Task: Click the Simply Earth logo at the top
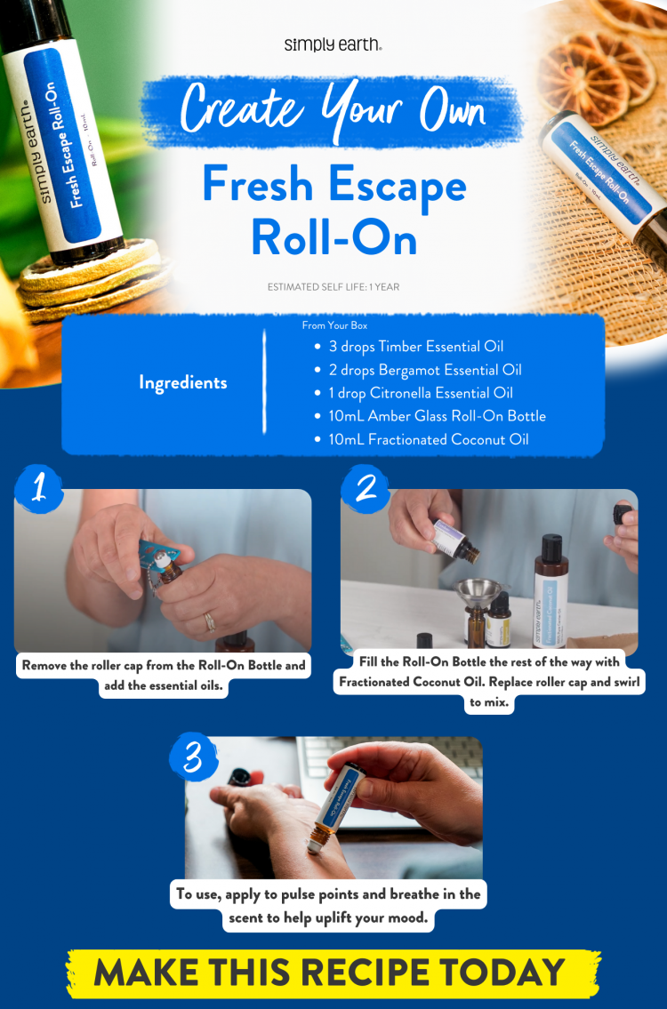click(x=333, y=44)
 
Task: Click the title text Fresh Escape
click(x=333, y=185)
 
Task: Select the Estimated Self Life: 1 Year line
click(x=333, y=287)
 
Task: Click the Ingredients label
click(x=182, y=382)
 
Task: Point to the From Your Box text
click(x=334, y=326)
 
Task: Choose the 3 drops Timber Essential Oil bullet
click(x=416, y=347)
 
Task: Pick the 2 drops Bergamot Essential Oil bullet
click(x=425, y=370)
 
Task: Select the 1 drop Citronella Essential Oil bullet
click(x=421, y=393)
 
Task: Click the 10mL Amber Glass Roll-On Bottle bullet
click(x=437, y=416)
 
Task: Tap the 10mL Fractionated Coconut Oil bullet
click(x=429, y=439)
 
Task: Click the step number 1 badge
click(x=38, y=488)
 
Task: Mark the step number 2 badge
click(x=366, y=488)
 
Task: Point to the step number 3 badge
click(x=194, y=757)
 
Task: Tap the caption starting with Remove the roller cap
click(x=164, y=676)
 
